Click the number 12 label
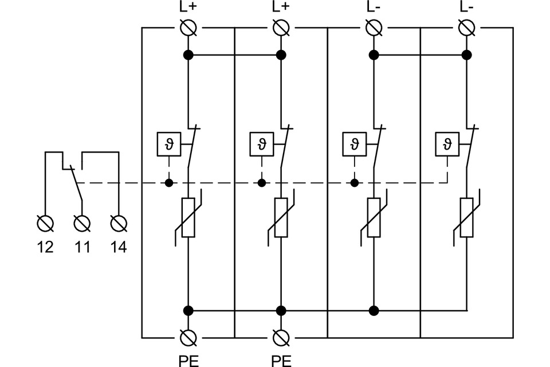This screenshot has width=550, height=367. click(45, 247)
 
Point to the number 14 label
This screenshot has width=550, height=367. click(118, 247)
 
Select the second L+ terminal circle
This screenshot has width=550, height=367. click(281, 27)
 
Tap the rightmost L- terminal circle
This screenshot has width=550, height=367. click(467, 27)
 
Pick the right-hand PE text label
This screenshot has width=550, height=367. click(281, 360)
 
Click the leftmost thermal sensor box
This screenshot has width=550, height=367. click(168, 143)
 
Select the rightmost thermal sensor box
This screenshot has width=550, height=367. click(447, 143)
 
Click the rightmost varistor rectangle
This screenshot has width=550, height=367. click(467, 217)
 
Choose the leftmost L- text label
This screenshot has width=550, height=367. click(374, 7)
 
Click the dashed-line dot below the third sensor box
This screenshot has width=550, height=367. click(355, 183)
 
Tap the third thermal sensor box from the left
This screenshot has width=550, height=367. click(355, 143)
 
